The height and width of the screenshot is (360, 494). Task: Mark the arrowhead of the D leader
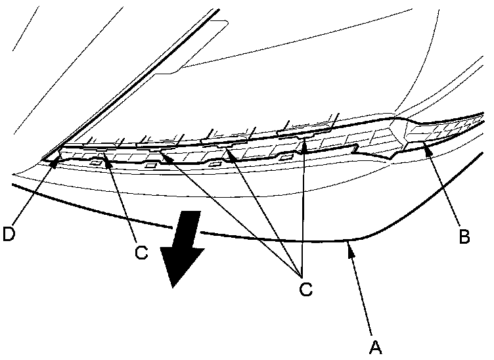pos(58,156)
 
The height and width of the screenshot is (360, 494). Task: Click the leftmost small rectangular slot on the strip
pos(96,161)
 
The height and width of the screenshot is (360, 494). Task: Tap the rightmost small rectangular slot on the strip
pos(285,158)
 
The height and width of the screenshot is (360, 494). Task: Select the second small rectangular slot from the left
pos(150,166)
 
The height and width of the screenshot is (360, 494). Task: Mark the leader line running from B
pos(447,191)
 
